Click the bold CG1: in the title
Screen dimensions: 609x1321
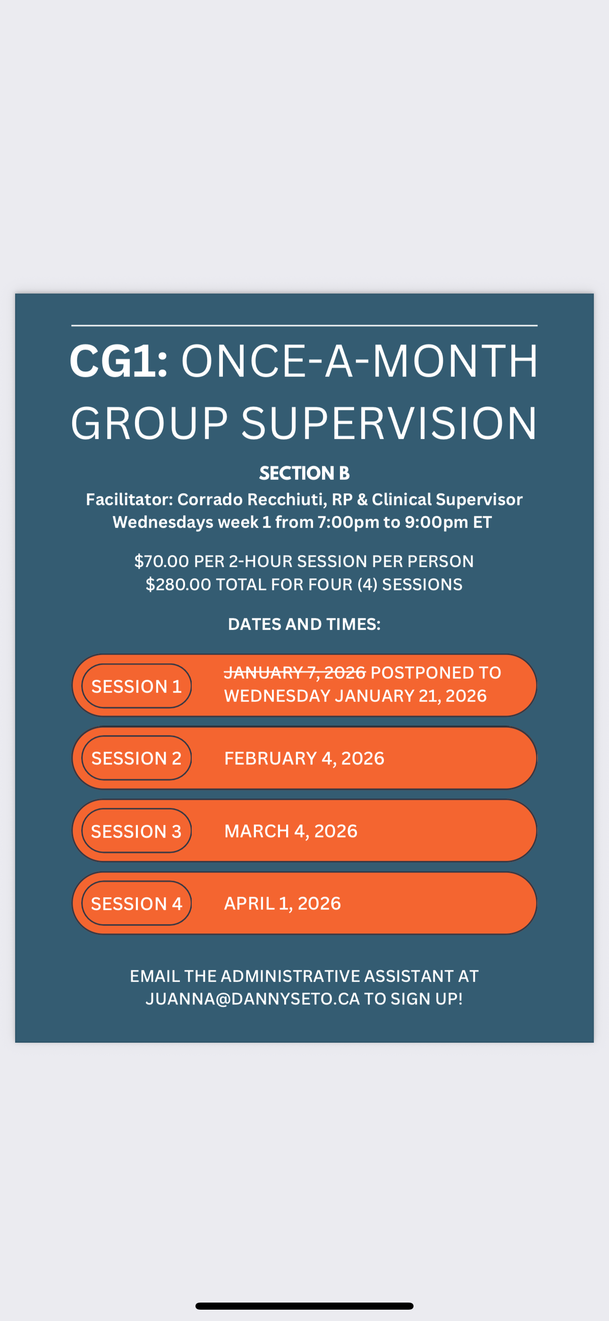pos(118,361)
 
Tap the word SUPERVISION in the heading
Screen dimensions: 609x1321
pos(389,423)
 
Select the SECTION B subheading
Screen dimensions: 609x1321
pos(304,473)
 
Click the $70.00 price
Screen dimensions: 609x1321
pos(161,561)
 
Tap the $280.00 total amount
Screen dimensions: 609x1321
pos(178,584)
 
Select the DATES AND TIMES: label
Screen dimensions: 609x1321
pos(304,624)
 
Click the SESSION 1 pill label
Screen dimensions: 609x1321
pos(136,686)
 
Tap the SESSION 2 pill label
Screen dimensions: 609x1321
pos(136,758)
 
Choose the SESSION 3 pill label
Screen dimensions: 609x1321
pos(136,831)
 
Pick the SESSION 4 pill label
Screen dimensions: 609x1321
pos(136,903)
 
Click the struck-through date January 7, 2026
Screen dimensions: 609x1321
pos(295,672)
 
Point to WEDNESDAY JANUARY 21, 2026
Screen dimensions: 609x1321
pos(355,696)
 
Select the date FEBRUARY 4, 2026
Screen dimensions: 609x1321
pos(304,758)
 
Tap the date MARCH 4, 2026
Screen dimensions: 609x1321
pos(291,831)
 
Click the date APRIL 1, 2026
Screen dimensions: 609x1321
pos(282,903)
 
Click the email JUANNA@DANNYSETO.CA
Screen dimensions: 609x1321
pos(253,998)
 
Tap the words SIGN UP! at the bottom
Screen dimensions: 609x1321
pos(426,998)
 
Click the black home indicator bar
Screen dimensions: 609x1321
pos(304,1305)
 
